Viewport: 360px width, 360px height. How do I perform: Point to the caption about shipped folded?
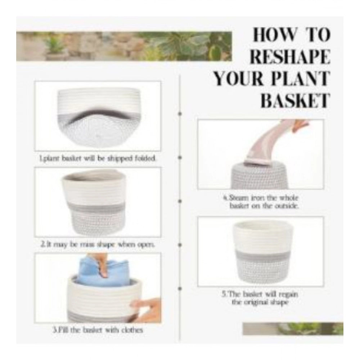[98, 158]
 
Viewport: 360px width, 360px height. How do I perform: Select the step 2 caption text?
[98, 244]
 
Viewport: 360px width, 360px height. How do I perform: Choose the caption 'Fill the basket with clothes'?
[98, 330]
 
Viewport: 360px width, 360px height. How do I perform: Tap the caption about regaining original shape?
[260, 298]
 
